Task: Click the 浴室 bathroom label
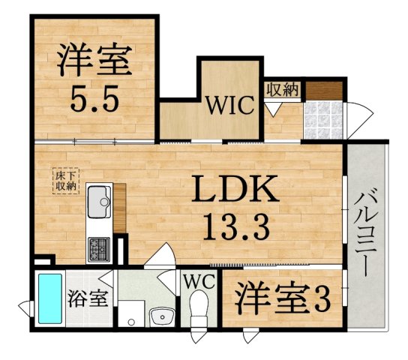(88, 298)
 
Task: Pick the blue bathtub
(50, 298)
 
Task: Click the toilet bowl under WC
(199, 307)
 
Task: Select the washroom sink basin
(161, 317)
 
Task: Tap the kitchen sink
(98, 201)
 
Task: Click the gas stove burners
(99, 246)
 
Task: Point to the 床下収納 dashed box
(65, 180)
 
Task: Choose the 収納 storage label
(282, 88)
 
